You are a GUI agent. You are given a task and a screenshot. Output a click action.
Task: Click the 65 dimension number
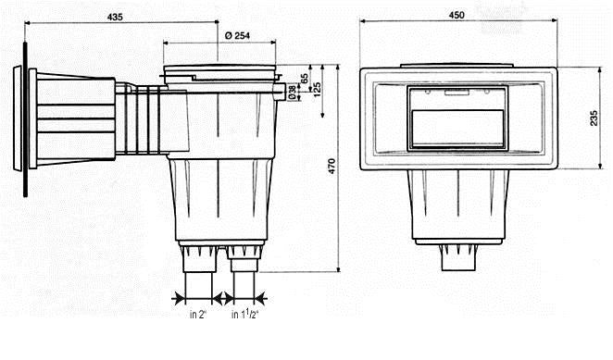(305, 80)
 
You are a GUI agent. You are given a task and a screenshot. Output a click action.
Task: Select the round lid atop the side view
(221, 71)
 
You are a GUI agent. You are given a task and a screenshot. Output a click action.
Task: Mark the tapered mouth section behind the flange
(74, 118)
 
